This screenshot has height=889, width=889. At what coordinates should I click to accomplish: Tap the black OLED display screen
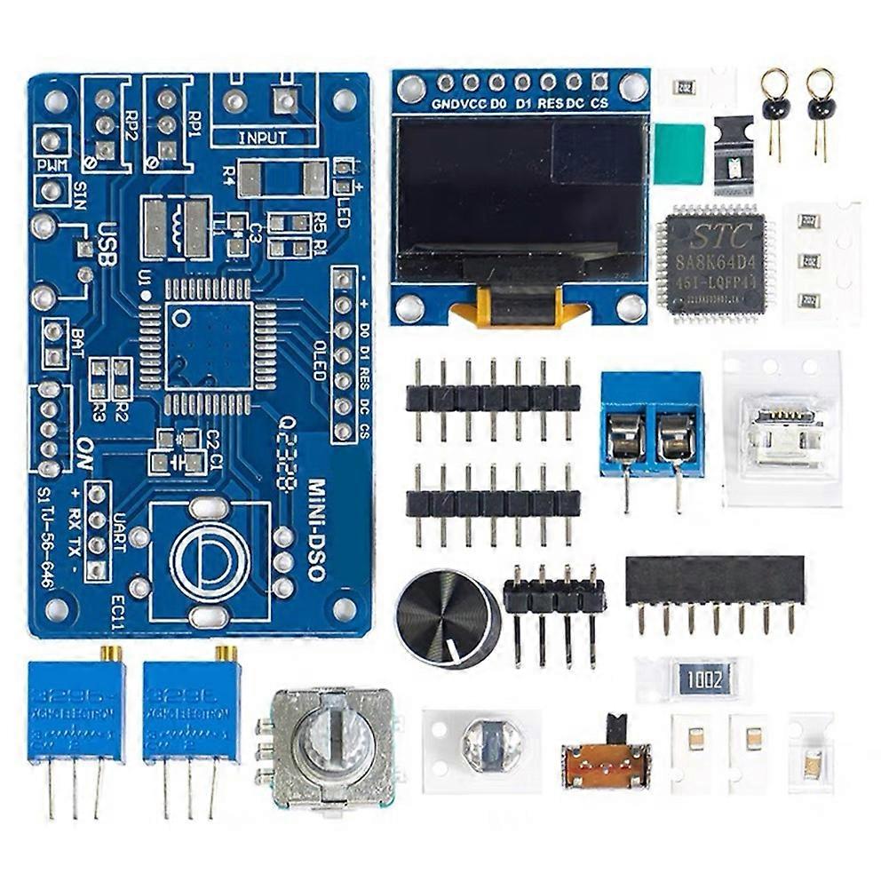[520, 198]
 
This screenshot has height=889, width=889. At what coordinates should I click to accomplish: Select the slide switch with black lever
[607, 758]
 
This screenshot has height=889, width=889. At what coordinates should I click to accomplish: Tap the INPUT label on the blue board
[263, 138]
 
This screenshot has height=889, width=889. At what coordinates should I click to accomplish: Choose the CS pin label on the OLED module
[599, 103]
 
